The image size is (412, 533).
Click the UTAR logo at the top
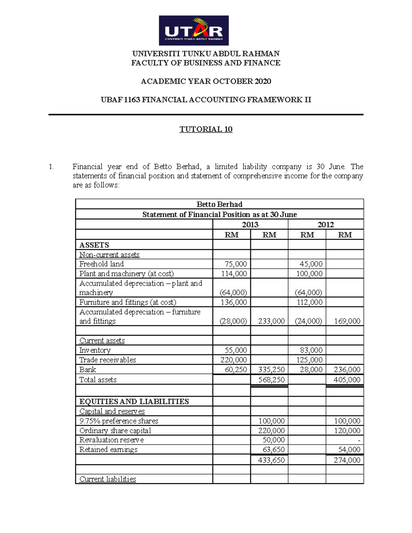[194, 31]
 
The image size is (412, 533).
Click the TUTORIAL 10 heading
[206, 129]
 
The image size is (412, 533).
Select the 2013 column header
[250, 224]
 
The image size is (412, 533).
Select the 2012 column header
[325, 224]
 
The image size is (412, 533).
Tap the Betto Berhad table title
[219, 204]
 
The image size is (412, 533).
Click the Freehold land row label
[101, 264]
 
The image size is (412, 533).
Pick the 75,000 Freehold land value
[236, 264]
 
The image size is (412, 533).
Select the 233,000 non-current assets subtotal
[271, 321]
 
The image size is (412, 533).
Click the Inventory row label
[95, 350]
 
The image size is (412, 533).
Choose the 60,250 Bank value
[236, 370]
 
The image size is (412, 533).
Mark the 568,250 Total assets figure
[271, 380]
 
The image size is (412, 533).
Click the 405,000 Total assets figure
[347, 380]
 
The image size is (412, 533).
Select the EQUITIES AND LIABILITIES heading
[134, 402]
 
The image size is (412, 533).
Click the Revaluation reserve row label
[111, 440]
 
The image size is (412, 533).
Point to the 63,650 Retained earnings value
[273, 450]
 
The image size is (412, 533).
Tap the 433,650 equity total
[271, 460]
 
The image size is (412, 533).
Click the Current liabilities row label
[107, 479]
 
